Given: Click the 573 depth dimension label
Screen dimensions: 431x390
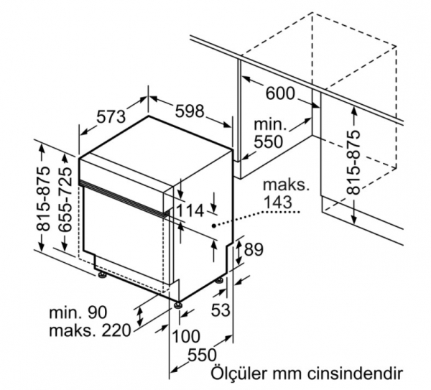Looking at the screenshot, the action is tap(111, 116).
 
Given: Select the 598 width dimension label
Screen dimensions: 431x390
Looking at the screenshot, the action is tap(190, 111).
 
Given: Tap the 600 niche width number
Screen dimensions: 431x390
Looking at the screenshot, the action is tap(280, 93).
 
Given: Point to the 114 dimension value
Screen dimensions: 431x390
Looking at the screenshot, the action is tap(190, 211).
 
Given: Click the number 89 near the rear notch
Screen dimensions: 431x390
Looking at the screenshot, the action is tap(254, 249).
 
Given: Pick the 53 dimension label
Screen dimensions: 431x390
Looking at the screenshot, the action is tap(221, 310).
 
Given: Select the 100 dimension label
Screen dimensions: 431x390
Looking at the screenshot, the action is tap(186, 336).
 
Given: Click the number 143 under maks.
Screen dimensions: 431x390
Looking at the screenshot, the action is tap(277, 203).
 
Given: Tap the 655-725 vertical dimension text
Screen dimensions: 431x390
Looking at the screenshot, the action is tap(65, 199).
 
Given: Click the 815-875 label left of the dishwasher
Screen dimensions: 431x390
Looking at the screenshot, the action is tap(44, 198).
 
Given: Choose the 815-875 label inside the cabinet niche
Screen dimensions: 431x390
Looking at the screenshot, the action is tap(353, 162).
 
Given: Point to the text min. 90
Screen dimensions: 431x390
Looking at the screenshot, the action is tap(78, 312).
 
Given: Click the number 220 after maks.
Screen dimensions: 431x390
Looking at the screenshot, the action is tap(116, 330).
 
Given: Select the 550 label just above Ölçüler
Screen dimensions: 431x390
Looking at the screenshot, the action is tap(203, 355).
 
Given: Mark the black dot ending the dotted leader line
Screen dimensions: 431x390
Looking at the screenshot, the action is tap(213, 226).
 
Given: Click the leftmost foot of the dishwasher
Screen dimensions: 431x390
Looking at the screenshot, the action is tap(102, 275).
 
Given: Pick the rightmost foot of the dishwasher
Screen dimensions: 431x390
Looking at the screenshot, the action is tap(219, 281).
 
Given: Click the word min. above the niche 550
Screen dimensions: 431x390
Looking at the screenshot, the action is tap(270, 124).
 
